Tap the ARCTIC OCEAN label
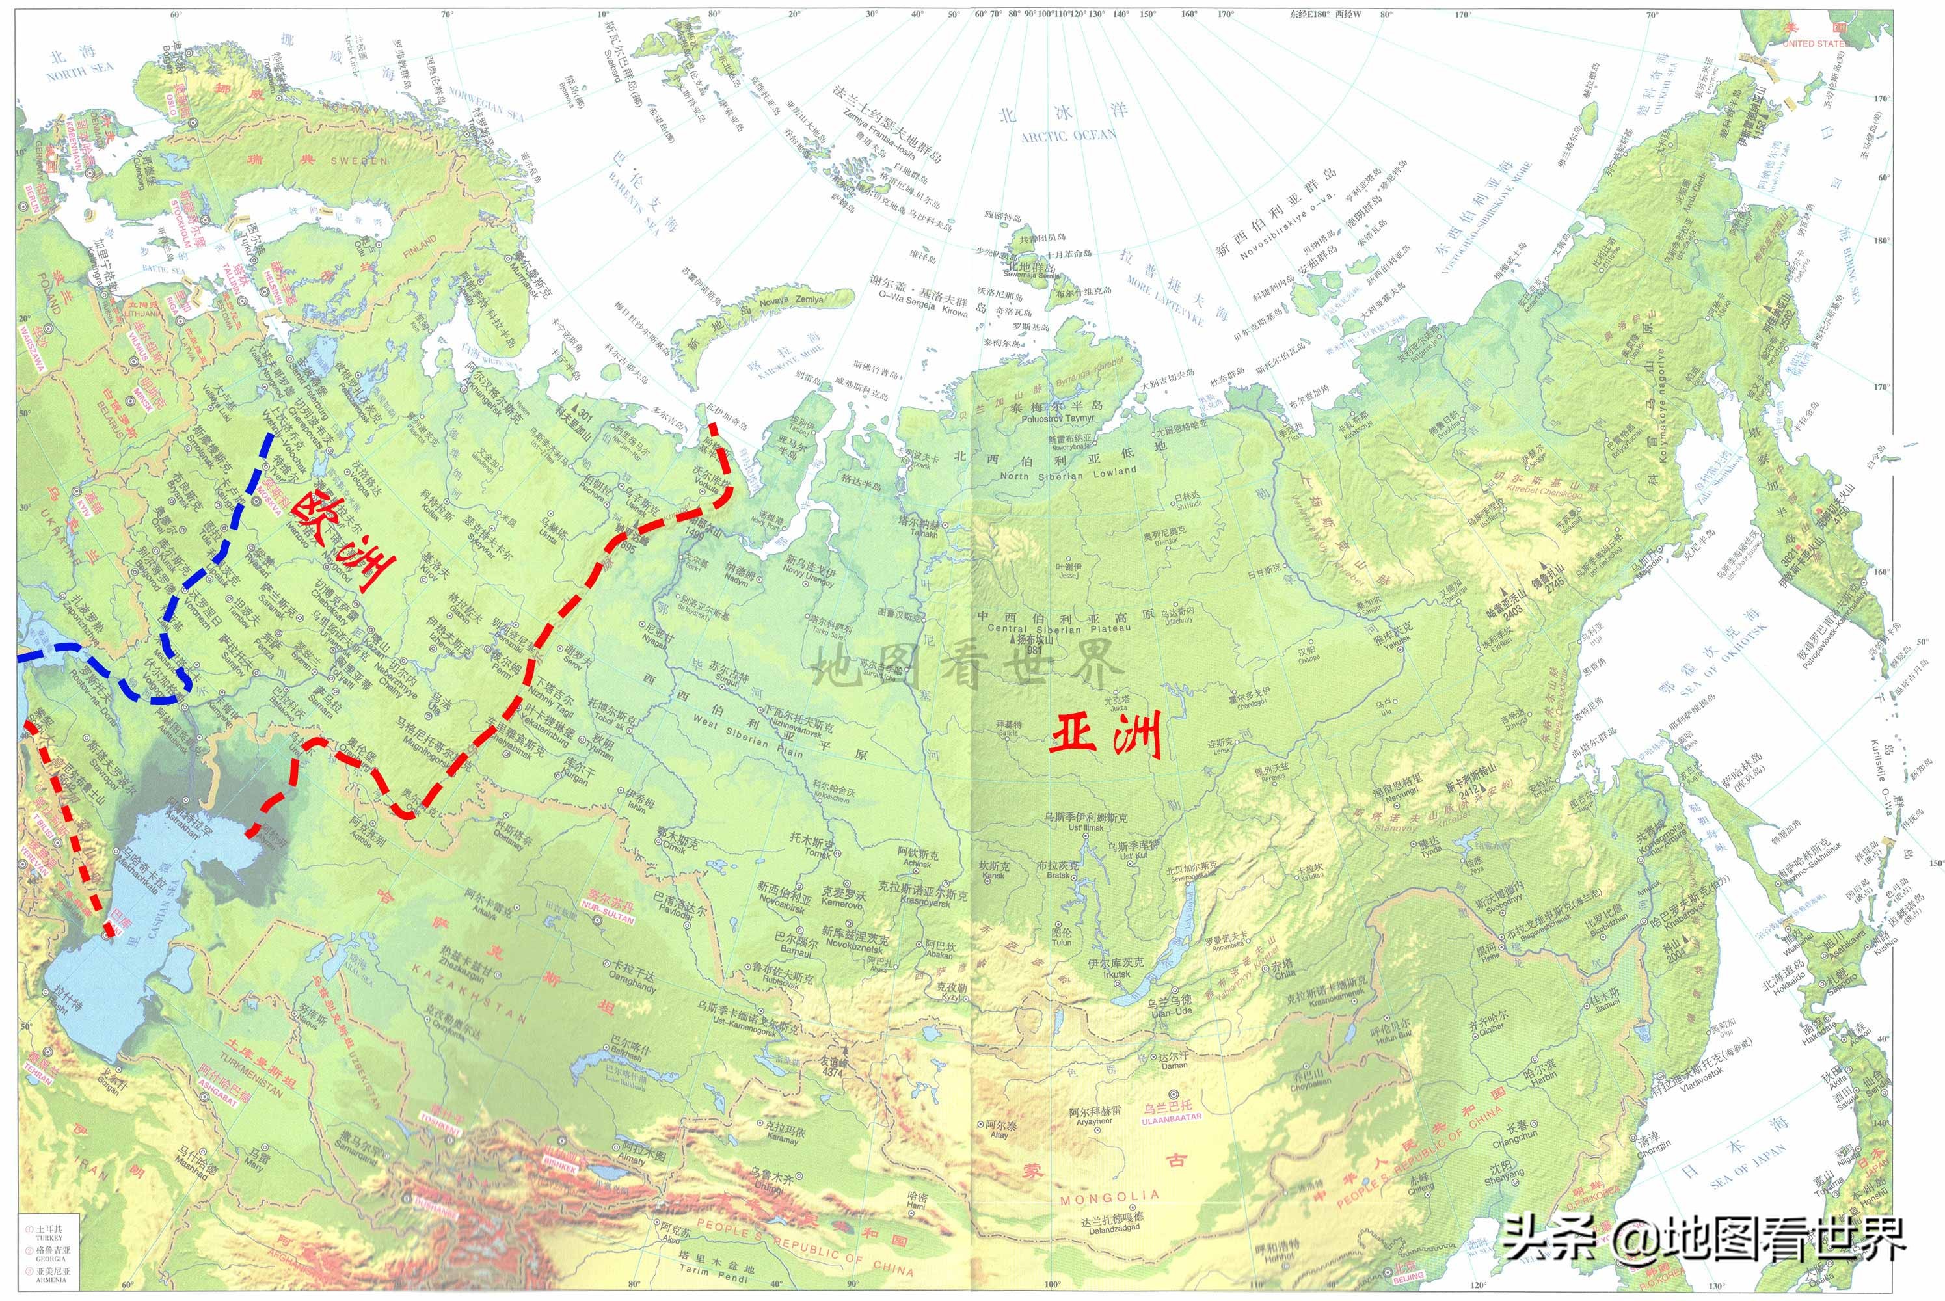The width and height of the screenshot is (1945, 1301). (x=1068, y=135)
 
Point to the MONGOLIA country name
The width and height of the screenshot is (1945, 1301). (x=1109, y=1198)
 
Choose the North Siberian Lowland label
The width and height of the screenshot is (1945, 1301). (x=1068, y=473)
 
